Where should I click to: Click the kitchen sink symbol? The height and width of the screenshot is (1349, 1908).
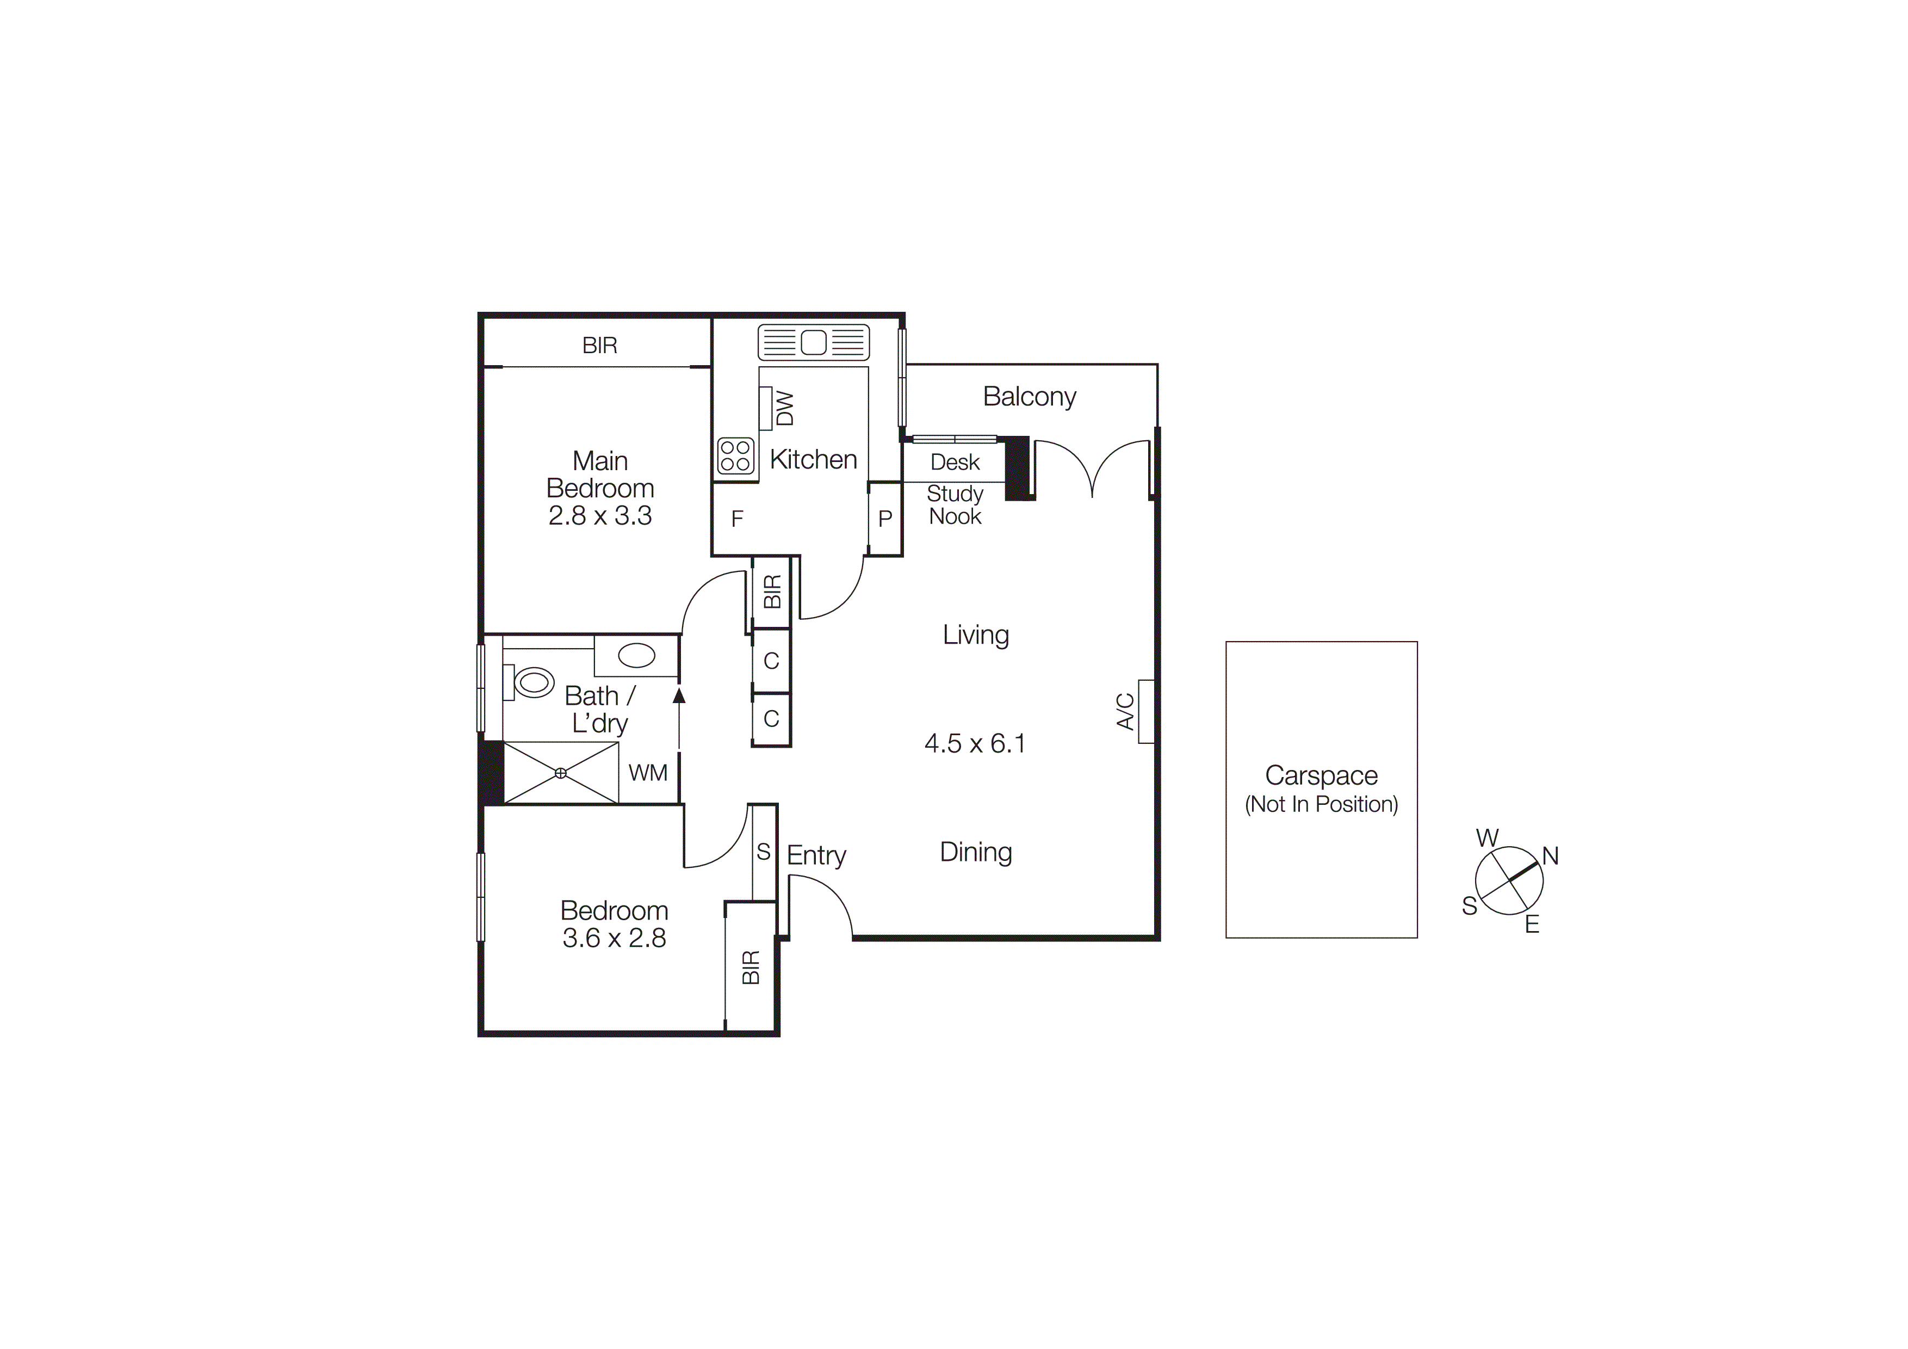814,342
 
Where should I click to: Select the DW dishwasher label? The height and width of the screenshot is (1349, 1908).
784,408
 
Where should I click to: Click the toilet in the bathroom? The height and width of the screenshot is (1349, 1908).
532,682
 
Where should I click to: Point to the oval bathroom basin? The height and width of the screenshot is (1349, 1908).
636,656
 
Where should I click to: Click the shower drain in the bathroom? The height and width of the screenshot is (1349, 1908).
561,773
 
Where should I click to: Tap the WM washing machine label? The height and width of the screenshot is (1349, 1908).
648,773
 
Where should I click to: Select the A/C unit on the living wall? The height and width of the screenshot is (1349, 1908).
1146,711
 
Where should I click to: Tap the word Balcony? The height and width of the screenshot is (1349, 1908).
1030,397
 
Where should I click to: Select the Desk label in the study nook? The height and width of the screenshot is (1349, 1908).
955,462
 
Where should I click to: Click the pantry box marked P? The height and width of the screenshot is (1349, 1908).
885,519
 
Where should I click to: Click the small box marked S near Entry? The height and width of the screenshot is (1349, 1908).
764,852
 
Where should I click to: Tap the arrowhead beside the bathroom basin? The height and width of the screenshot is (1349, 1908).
679,695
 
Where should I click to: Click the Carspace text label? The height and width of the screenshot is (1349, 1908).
1321,775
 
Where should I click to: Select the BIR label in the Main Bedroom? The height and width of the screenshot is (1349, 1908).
599,346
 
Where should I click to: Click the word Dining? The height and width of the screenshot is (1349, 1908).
976,852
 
